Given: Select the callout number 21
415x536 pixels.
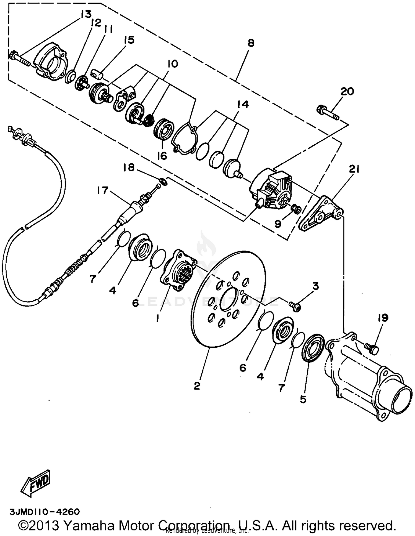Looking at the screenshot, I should [x=354, y=169].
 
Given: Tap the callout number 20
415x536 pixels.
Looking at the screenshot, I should [x=347, y=91].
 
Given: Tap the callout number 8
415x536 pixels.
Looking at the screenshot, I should [x=251, y=43].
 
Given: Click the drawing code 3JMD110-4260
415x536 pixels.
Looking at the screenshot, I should [x=45, y=512].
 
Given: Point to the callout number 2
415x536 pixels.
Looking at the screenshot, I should [x=197, y=386].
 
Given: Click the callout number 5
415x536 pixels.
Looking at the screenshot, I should [x=303, y=399].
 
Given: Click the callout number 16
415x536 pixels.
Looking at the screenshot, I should [x=162, y=156].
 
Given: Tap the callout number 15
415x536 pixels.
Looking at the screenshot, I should [x=129, y=40].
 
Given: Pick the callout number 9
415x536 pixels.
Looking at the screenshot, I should [x=278, y=223].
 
